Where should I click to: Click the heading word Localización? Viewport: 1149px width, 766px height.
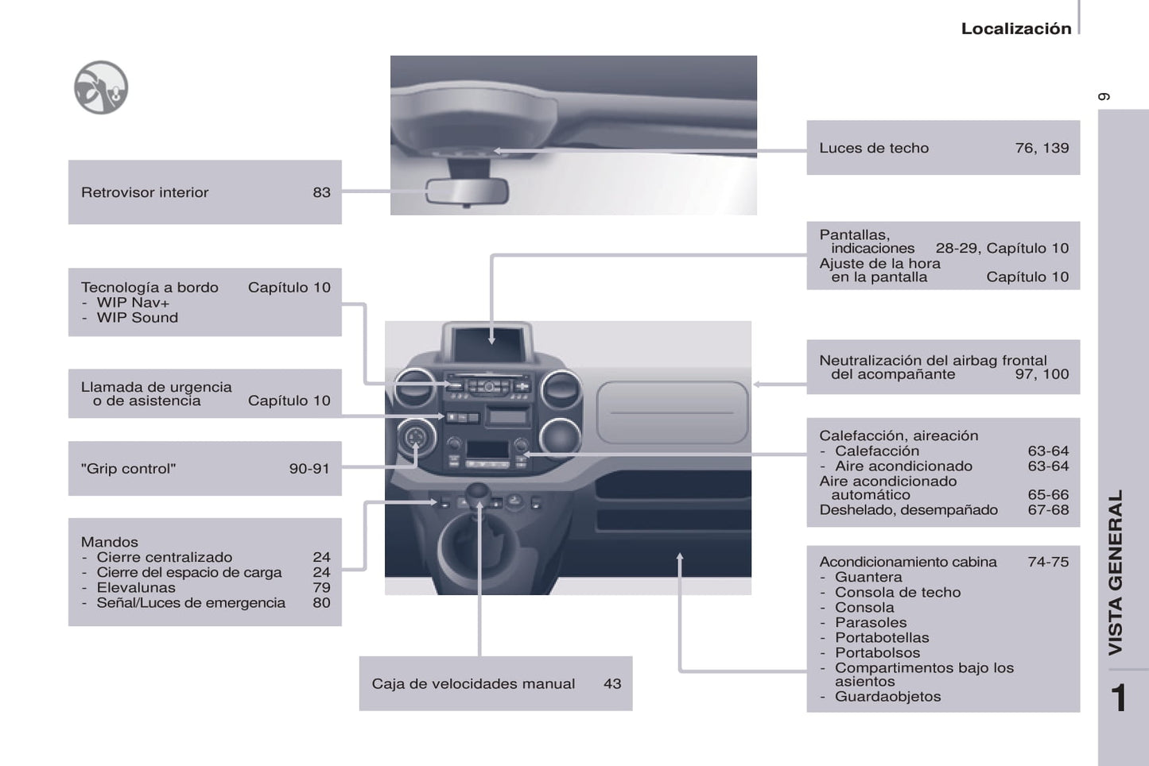[x=1015, y=29]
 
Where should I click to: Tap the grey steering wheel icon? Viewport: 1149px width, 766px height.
[x=101, y=87]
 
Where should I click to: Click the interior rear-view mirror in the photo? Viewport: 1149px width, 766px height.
[x=466, y=191]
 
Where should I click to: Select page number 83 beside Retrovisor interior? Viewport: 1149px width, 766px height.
[x=321, y=192]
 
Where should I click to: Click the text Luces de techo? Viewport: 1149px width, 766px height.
[x=874, y=148]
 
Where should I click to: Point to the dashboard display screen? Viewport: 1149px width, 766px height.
[x=489, y=342]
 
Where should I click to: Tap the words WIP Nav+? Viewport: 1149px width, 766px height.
[x=133, y=303]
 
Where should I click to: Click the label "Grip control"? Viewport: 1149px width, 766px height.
[x=128, y=469]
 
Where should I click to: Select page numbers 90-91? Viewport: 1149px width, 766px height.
[x=309, y=469]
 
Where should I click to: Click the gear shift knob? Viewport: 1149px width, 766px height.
[x=478, y=494]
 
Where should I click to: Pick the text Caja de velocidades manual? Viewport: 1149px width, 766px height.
[x=473, y=683]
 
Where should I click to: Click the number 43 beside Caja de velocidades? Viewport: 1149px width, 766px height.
[x=612, y=683]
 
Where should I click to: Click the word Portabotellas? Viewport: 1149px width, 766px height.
[x=882, y=638]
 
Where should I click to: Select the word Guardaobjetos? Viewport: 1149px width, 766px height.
[x=887, y=697]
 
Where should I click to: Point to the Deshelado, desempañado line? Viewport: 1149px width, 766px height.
[x=908, y=510]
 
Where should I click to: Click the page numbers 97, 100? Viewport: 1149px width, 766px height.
[x=1042, y=374]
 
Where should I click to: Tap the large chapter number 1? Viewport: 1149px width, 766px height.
[x=1119, y=698]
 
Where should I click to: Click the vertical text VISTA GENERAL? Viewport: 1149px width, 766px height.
[x=1116, y=572]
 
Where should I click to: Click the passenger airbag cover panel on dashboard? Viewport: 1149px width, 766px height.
[x=672, y=412]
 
